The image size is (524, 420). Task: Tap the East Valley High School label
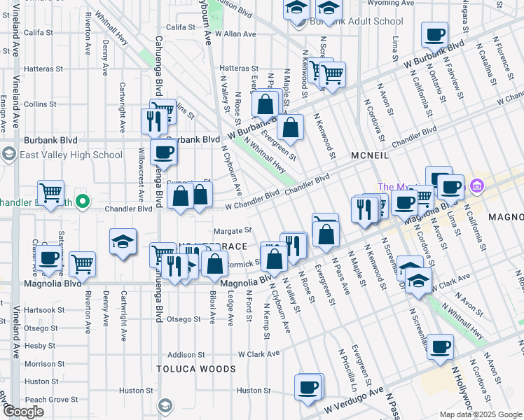pos(71,155)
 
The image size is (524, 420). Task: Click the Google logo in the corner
pos(23,412)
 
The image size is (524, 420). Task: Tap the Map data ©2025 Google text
pos(481,414)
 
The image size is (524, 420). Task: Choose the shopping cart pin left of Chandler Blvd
pos(50,192)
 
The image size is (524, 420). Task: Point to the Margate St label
pos(233,230)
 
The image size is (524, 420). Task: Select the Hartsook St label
pos(44,309)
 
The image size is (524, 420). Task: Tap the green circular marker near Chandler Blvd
pos(82,202)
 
